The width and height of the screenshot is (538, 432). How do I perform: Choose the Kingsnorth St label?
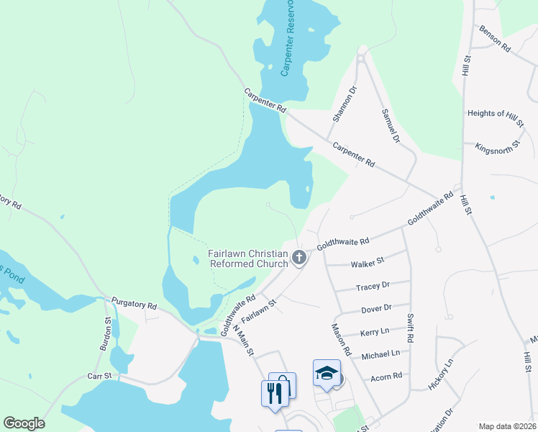pos(498,148)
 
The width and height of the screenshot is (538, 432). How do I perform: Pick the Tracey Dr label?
pos(373,286)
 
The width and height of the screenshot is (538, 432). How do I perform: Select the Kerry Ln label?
pos(374,332)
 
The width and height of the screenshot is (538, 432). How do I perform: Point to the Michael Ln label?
pos(380,354)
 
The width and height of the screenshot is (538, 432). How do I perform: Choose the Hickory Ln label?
pos(439,373)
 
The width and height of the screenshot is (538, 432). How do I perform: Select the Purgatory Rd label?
pos(134,305)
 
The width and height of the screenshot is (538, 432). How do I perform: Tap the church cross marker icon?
pos(299,257)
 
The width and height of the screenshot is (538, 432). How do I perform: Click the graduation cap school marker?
pos(327,373)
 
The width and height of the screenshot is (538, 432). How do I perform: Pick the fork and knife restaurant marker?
pos(273,392)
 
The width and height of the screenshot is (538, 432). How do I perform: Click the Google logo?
pos(24,423)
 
